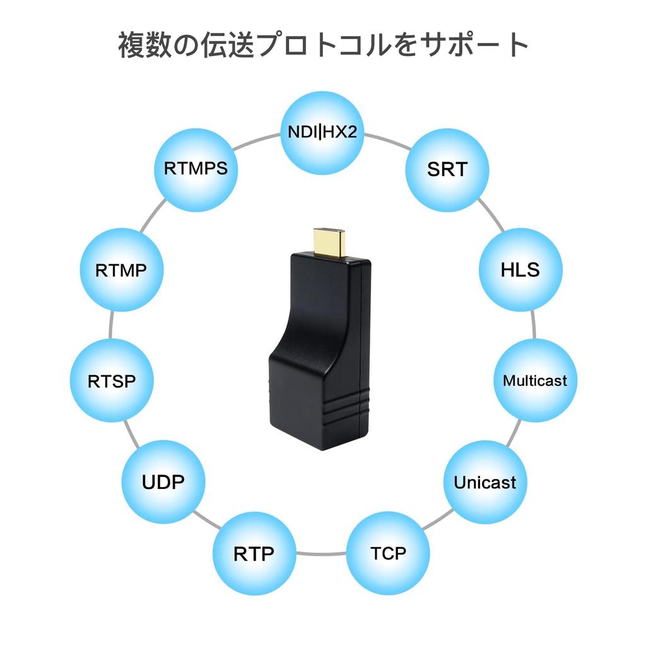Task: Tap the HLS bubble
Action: pyautogui.click(x=520, y=270)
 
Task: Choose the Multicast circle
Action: pyautogui.click(x=534, y=380)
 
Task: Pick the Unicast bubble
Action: pyautogui.click(x=484, y=483)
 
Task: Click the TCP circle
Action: pyautogui.click(x=388, y=553)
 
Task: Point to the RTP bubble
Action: pyautogui.click(x=254, y=554)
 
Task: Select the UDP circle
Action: pyautogui.click(x=163, y=483)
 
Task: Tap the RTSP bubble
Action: pyautogui.click(x=112, y=380)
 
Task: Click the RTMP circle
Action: pyautogui.click(x=122, y=270)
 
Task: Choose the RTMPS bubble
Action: pyautogui.click(x=196, y=169)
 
